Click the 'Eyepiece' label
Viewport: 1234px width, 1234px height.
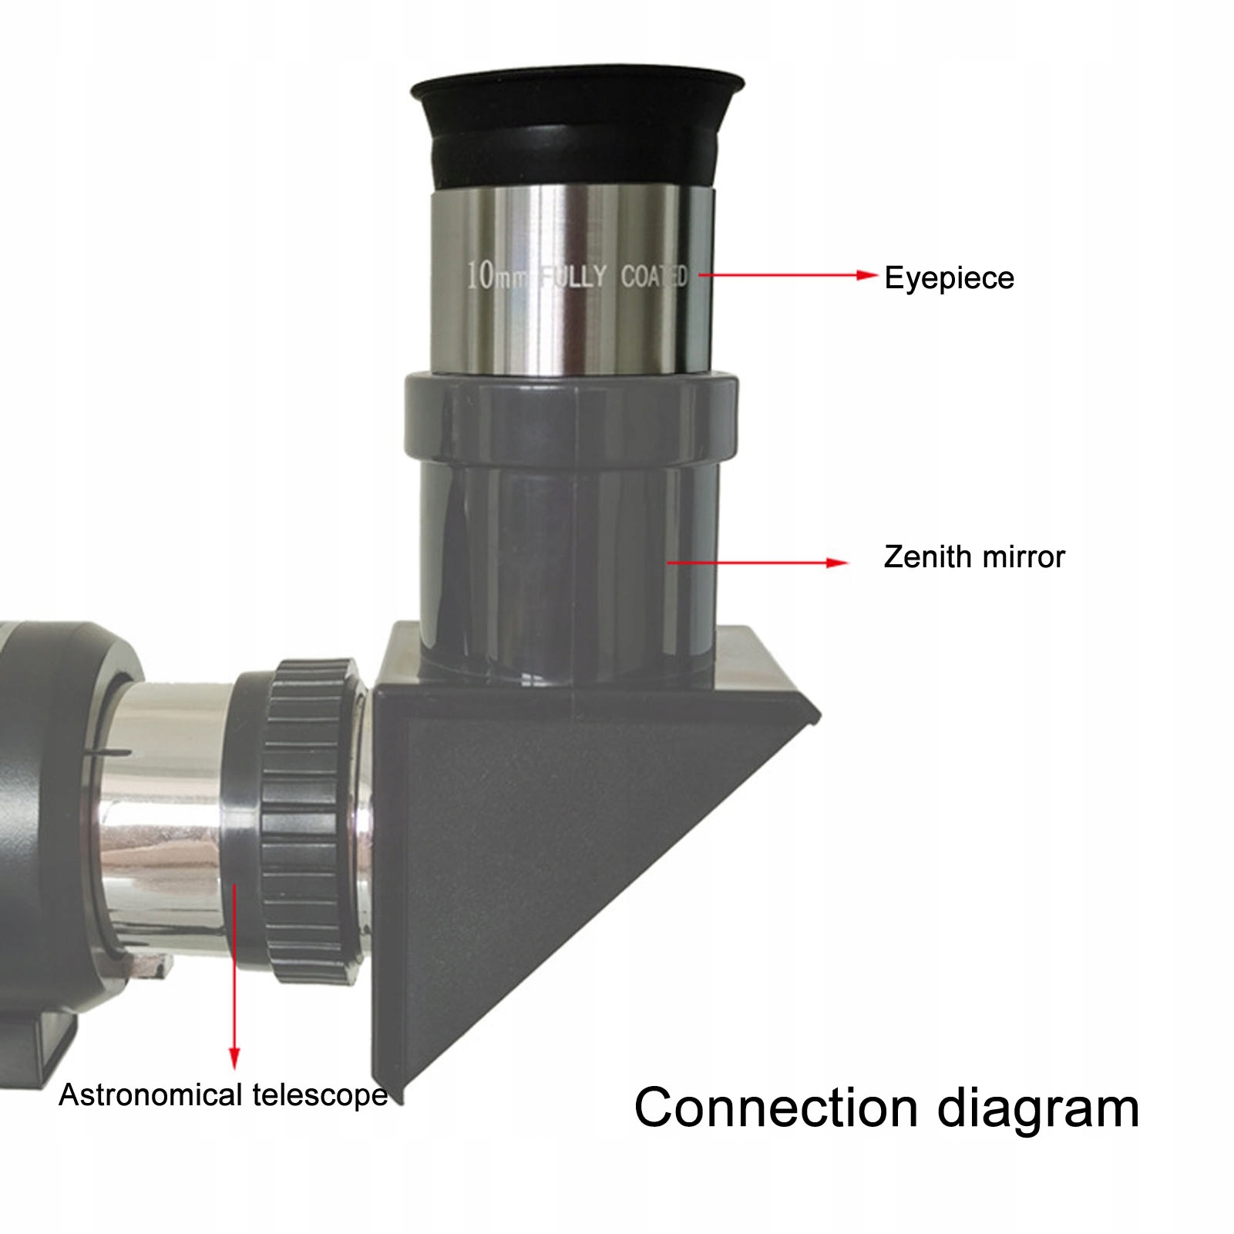tap(949, 278)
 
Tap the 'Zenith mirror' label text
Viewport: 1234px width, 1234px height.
tap(973, 556)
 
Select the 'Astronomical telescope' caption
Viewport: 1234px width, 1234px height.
tap(223, 1095)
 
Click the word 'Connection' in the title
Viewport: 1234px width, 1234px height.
tap(775, 1108)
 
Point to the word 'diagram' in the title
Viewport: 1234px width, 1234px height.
tap(1037, 1110)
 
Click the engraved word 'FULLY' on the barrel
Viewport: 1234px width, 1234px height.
tap(573, 276)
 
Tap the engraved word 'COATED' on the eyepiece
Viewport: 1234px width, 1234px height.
tap(654, 276)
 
